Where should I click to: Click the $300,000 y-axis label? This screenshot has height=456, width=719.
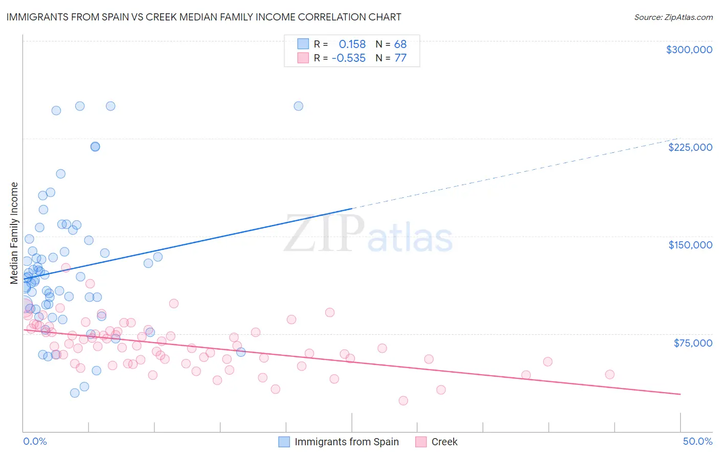[689, 50]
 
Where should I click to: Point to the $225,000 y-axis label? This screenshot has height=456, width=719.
[690, 147]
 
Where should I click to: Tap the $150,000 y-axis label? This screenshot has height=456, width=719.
[690, 245]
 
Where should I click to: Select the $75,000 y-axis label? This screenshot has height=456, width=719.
[693, 343]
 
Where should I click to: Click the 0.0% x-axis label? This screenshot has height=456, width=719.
[35, 441]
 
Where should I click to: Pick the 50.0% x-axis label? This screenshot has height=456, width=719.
[698, 441]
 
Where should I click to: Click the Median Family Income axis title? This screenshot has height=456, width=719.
[14, 233]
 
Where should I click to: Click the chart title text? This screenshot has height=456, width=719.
[204, 17]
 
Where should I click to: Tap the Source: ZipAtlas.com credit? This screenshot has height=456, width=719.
[673, 17]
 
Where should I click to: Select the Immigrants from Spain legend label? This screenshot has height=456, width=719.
[346, 442]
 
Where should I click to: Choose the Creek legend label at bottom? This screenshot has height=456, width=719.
[444, 442]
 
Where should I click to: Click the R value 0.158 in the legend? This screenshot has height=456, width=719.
[352, 44]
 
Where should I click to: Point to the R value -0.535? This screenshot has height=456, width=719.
[348, 58]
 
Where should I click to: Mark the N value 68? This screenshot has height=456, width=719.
[400, 44]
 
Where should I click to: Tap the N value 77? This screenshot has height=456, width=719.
[400, 58]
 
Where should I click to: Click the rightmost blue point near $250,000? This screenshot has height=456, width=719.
[298, 106]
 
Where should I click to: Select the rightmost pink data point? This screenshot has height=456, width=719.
[609, 374]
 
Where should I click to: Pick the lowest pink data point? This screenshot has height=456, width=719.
[403, 401]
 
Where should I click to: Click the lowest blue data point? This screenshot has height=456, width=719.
[75, 393]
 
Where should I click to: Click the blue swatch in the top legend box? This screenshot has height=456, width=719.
[303, 44]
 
